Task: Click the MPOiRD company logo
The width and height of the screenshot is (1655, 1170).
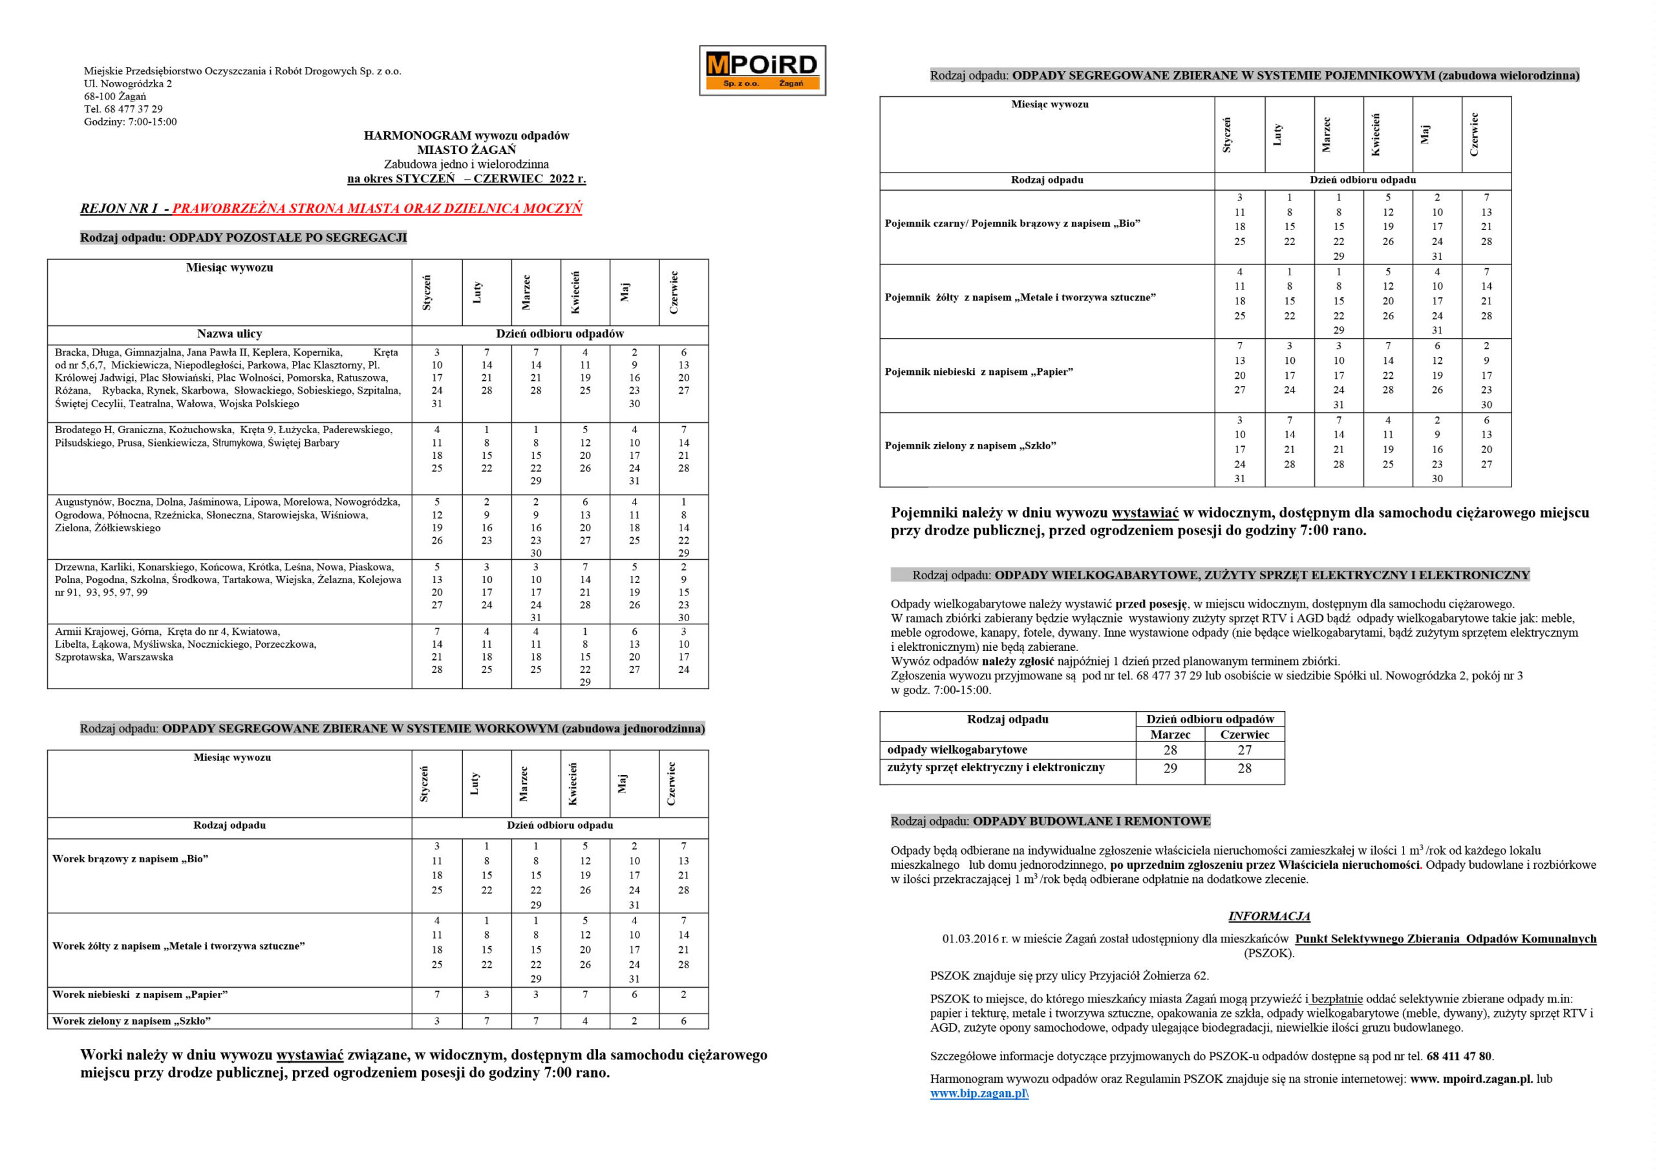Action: pos(762,70)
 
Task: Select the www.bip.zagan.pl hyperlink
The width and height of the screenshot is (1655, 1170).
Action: pos(978,1093)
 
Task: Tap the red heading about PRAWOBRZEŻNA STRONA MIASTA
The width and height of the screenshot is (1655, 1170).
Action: pos(377,208)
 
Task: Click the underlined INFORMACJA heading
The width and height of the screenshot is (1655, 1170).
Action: pos(1268,916)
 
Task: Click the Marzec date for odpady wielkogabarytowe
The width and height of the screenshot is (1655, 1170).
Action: pos(1170,750)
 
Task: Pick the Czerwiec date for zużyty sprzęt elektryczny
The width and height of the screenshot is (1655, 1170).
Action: pos(1244,769)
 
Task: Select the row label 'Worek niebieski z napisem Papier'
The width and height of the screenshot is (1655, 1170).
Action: pos(140,995)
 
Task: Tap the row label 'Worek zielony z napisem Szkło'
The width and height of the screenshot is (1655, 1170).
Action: pos(131,1021)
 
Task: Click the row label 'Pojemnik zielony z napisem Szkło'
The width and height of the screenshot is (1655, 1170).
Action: pos(970,445)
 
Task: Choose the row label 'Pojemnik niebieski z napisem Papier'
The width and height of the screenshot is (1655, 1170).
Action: pos(979,372)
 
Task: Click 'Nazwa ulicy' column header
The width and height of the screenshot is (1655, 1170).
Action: pos(230,334)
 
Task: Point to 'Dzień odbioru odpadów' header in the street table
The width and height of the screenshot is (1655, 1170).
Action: pos(559,334)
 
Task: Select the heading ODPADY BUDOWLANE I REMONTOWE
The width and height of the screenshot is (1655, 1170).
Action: pos(1091,821)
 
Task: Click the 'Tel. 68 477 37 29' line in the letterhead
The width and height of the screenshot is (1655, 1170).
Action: pos(123,109)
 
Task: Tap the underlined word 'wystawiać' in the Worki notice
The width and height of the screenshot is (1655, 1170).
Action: pos(310,1055)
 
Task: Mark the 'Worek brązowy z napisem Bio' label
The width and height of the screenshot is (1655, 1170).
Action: pos(131,859)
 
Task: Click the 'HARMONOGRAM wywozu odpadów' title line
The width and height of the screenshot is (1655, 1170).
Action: pos(466,136)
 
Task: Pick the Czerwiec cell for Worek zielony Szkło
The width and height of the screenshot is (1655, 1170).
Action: pos(683,1021)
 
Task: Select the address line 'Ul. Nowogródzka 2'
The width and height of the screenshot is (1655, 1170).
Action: pos(127,83)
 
